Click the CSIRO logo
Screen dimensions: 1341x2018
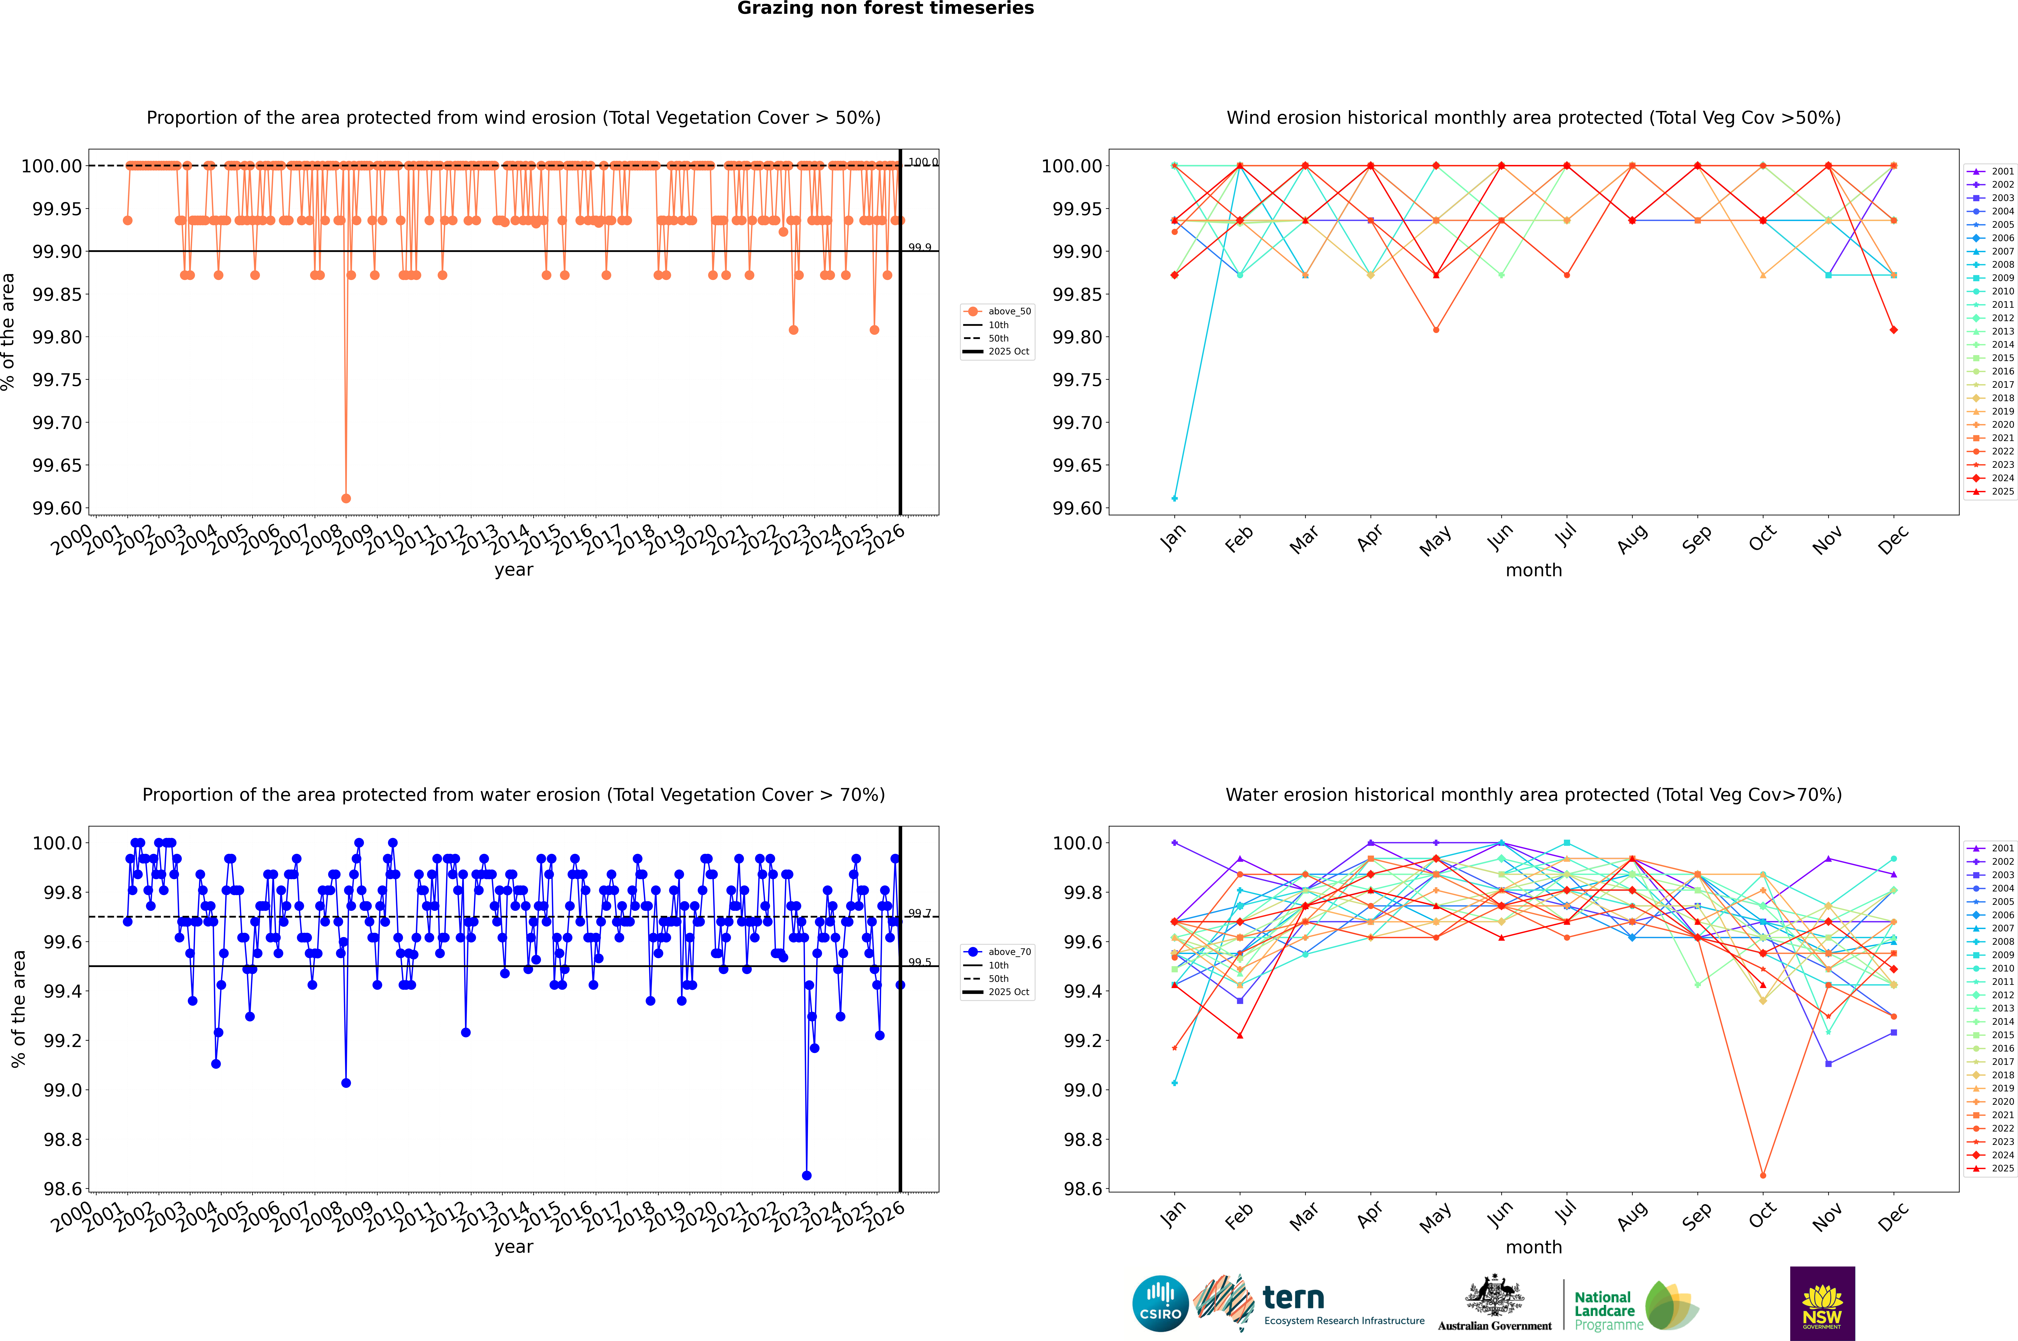[1160, 1303]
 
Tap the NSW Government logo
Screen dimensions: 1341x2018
[1822, 1303]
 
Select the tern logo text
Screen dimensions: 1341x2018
[1293, 1298]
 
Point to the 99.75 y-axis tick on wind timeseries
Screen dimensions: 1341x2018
[56, 380]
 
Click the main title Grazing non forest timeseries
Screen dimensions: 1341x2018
[885, 8]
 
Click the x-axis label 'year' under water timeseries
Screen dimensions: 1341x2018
[513, 1247]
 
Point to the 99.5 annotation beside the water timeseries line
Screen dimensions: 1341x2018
[920, 962]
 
